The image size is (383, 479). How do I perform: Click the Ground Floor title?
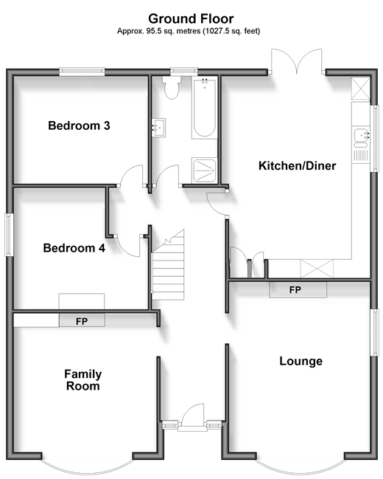tap(191, 18)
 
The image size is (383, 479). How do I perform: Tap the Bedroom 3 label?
tap(79, 125)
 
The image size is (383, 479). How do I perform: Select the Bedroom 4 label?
tap(74, 248)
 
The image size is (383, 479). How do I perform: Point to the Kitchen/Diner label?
tap(298, 165)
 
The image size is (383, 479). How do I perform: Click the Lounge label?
tap(301, 361)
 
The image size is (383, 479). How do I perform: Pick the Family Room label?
tap(83, 379)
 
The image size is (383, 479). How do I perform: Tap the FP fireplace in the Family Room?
tap(82, 321)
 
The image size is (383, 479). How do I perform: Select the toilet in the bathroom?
tap(172, 87)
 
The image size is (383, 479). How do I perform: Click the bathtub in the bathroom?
tap(204, 108)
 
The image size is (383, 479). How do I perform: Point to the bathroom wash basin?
tap(159, 128)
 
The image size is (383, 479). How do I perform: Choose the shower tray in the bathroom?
tap(204, 170)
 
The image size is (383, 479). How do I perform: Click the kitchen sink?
tap(361, 138)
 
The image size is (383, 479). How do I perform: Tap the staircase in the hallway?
tap(169, 265)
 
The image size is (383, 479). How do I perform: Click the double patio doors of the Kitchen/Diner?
tap(296, 61)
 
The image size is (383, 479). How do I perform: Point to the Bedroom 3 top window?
tap(82, 72)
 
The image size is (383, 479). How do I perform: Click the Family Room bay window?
tap(88, 465)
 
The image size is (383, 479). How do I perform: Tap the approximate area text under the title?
tap(189, 31)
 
